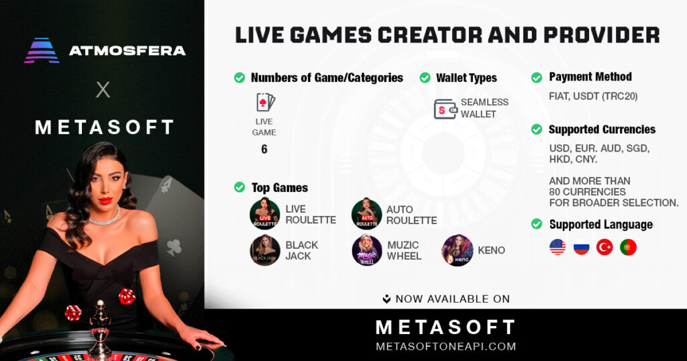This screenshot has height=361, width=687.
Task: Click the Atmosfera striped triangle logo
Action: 42,50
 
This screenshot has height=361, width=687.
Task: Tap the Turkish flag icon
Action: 604,248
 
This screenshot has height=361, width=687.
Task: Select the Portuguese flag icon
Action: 628,248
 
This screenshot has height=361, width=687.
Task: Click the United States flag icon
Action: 558,248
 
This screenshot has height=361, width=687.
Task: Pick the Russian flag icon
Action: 581,248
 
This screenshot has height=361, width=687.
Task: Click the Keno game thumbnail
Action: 457,250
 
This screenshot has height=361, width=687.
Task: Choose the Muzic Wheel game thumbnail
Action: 367,250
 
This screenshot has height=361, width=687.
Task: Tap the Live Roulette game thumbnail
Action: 264,214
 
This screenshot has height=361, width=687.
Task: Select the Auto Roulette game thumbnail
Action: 366,214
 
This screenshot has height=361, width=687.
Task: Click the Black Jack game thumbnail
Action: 264,250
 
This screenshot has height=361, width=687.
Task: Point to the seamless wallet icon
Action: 445,109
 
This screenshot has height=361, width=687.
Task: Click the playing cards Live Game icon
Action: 265,103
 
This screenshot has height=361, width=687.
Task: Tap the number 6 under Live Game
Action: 264,149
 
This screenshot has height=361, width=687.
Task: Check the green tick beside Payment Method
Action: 537,78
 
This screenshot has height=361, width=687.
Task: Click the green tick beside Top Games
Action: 240,188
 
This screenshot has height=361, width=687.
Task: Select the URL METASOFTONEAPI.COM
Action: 445,347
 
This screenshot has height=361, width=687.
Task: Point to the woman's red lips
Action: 105,200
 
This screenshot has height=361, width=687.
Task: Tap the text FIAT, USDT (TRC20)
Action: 593,96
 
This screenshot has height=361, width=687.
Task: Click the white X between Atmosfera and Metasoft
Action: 103,90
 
